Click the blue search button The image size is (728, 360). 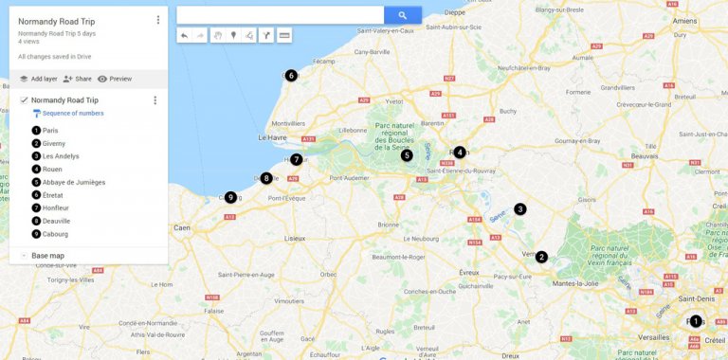click(402, 15)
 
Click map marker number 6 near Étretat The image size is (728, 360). click(291, 76)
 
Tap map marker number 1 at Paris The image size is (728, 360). click(696, 321)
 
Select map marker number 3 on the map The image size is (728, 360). click(519, 208)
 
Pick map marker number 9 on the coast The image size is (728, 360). click(230, 197)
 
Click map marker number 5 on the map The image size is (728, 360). click(407, 155)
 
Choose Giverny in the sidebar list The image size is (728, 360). click(54, 143)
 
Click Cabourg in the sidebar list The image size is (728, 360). click(55, 233)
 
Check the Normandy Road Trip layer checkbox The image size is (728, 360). click(24, 99)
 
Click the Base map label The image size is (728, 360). click(47, 256)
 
